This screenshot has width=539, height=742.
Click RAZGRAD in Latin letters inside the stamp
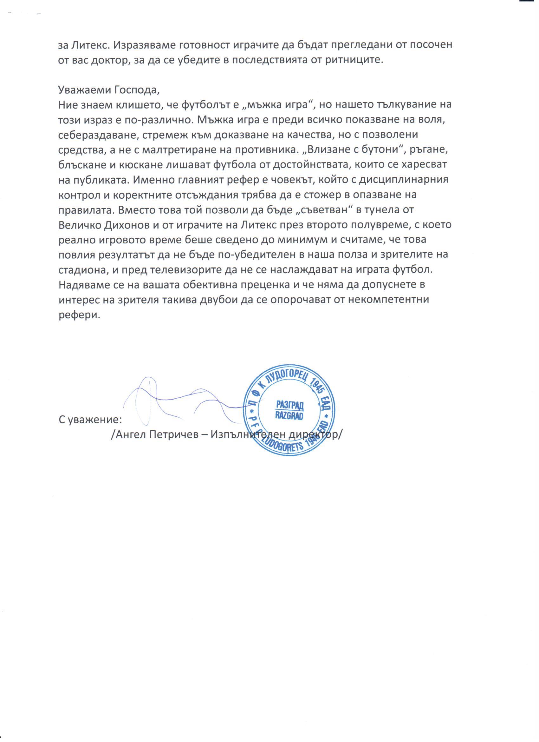tap(289, 415)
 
